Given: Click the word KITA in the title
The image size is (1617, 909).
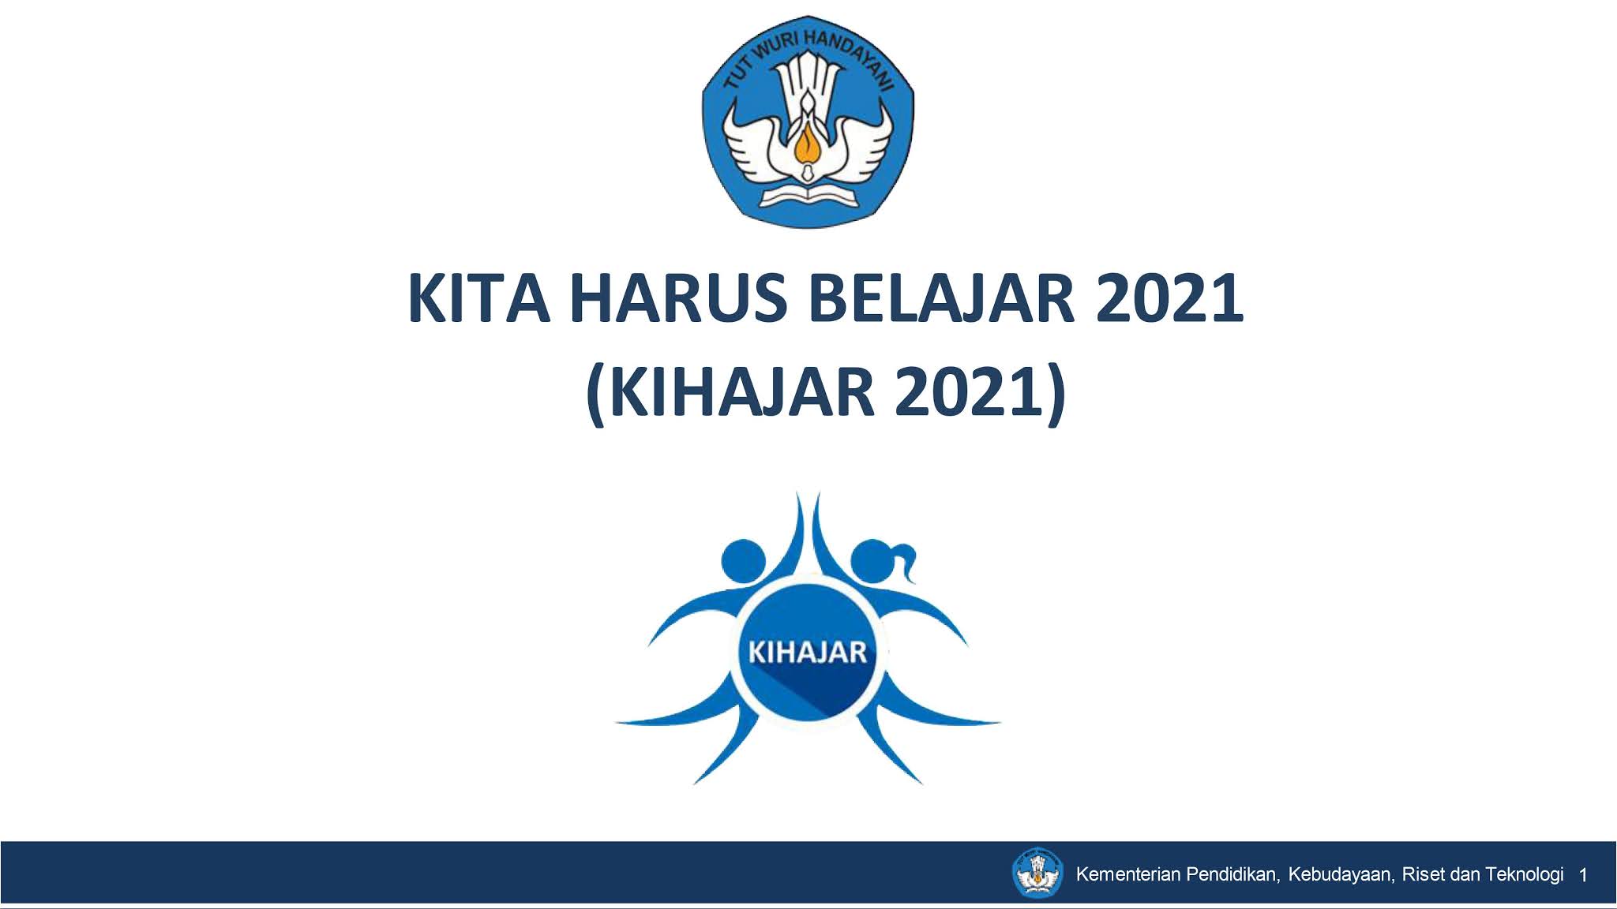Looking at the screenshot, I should click(x=478, y=299).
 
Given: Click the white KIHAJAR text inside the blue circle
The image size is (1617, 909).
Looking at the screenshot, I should click(x=807, y=653).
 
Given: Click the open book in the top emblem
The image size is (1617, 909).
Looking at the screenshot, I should click(x=807, y=194).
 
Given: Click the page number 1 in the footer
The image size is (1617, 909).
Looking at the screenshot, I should click(x=1583, y=875).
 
